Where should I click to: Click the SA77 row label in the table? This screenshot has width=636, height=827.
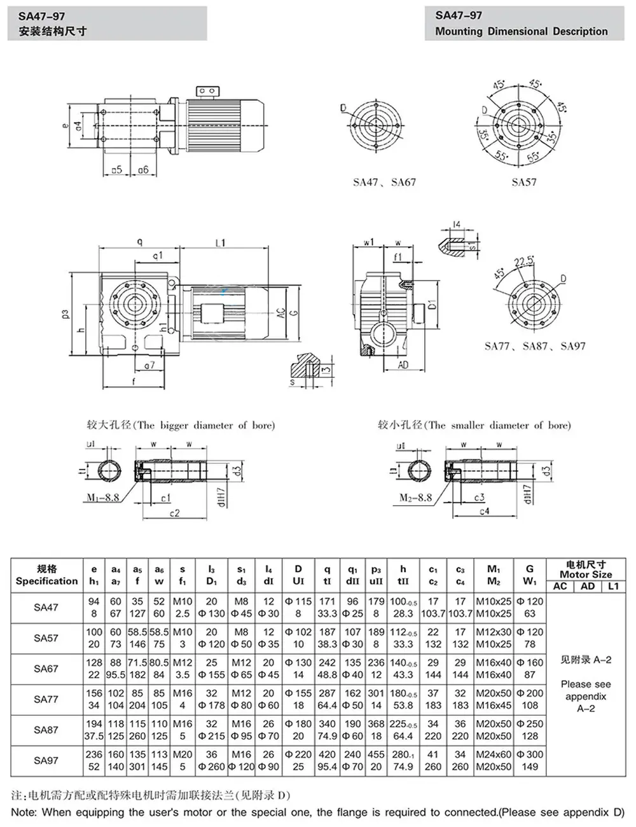[x=46, y=699]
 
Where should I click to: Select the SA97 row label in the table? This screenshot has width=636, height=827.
[x=46, y=760]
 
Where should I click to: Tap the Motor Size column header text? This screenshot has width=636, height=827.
[x=586, y=574]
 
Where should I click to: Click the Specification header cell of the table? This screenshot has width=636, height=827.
[x=46, y=581]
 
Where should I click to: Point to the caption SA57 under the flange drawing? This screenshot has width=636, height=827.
[x=524, y=183]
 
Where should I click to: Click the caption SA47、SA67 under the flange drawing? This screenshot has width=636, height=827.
[x=384, y=183]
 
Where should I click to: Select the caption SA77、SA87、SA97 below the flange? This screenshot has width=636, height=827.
[x=535, y=347]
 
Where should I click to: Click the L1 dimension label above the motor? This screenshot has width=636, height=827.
[x=221, y=242]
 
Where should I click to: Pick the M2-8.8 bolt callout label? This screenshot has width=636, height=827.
[x=415, y=498]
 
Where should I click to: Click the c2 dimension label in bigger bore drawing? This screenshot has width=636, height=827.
[x=174, y=513]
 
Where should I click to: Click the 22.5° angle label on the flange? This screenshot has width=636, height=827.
[x=523, y=262]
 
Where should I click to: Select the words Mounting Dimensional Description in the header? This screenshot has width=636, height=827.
[x=521, y=32]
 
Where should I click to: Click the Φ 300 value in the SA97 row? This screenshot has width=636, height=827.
[x=530, y=754]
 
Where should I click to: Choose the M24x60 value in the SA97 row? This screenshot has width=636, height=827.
[x=494, y=754]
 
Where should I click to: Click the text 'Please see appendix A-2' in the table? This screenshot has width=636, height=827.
[x=586, y=696]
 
